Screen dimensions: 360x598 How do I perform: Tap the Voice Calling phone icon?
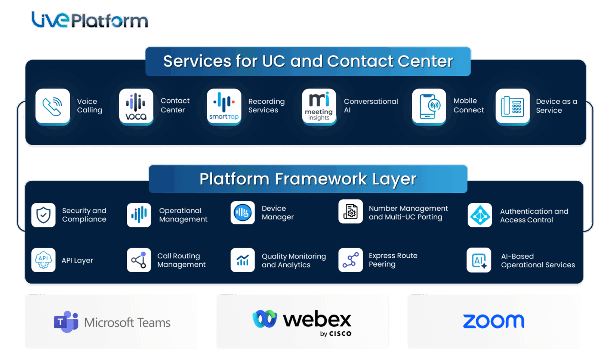(53, 106)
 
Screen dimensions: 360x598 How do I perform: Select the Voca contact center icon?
(136, 106)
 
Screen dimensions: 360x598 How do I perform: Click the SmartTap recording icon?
(224, 106)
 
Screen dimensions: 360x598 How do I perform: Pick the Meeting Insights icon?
(319, 106)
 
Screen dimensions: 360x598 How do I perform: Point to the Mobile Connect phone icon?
(429, 106)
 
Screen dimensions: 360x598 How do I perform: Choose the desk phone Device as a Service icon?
(512, 106)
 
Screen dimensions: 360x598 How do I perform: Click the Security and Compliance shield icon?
(43, 215)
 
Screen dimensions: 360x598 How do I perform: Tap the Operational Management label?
(183, 215)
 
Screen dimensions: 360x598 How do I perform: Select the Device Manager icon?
(243, 213)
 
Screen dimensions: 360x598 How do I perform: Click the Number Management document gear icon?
(351, 211)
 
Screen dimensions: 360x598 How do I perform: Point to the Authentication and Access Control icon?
(480, 215)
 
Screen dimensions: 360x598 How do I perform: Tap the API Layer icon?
(43, 260)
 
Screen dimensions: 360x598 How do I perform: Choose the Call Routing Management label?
(181, 260)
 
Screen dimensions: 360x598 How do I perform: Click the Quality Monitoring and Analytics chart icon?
(243, 260)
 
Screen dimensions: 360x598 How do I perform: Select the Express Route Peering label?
(393, 260)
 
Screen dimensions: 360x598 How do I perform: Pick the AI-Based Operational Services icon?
(479, 260)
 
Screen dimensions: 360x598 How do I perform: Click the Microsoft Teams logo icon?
(66, 322)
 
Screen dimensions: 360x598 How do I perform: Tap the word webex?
(317, 320)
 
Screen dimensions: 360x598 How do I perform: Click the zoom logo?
(493, 322)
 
